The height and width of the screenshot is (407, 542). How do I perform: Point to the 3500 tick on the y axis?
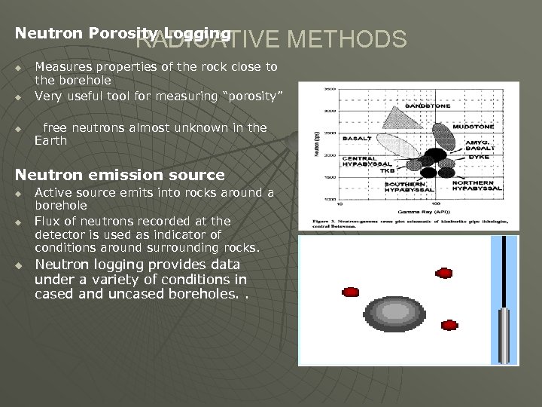[330, 89]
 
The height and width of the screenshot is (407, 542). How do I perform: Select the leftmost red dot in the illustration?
[351, 292]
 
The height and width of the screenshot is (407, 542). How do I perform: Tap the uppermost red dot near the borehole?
[444, 272]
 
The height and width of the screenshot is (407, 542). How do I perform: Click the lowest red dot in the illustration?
[449, 326]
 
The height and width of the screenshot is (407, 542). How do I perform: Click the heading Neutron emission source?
[120, 175]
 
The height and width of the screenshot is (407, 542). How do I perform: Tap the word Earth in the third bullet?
[50, 141]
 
